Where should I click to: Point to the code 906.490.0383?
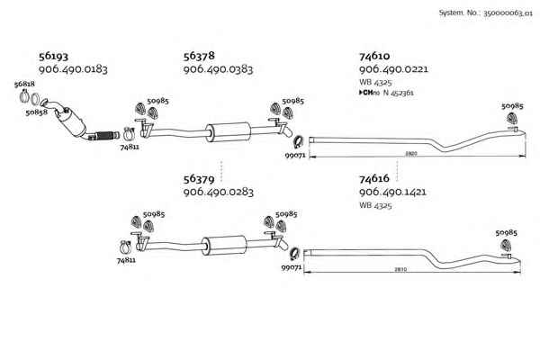[x=218, y=69]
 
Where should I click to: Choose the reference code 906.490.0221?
[x=393, y=69]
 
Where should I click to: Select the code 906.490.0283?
[x=218, y=193]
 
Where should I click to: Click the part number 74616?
[x=374, y=179]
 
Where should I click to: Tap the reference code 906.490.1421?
[x=393, y=193]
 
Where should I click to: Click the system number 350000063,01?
[x=498, y=13]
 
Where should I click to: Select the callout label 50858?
[x=37, y=113]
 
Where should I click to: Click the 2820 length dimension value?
[x=410, y=154]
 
